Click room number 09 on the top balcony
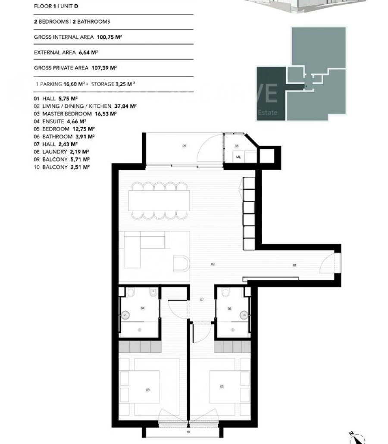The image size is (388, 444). [184, 146]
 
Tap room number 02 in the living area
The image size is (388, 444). [213, 264]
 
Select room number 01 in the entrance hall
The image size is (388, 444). [295, 266]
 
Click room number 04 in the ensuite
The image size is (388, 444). [142, 308]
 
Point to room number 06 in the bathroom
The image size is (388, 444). [229, 308]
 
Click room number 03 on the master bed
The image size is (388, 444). [148, 390]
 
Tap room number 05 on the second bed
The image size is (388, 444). [222, 387]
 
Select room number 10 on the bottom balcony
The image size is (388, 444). [188, 431]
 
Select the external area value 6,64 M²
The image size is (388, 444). [88, 53]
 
